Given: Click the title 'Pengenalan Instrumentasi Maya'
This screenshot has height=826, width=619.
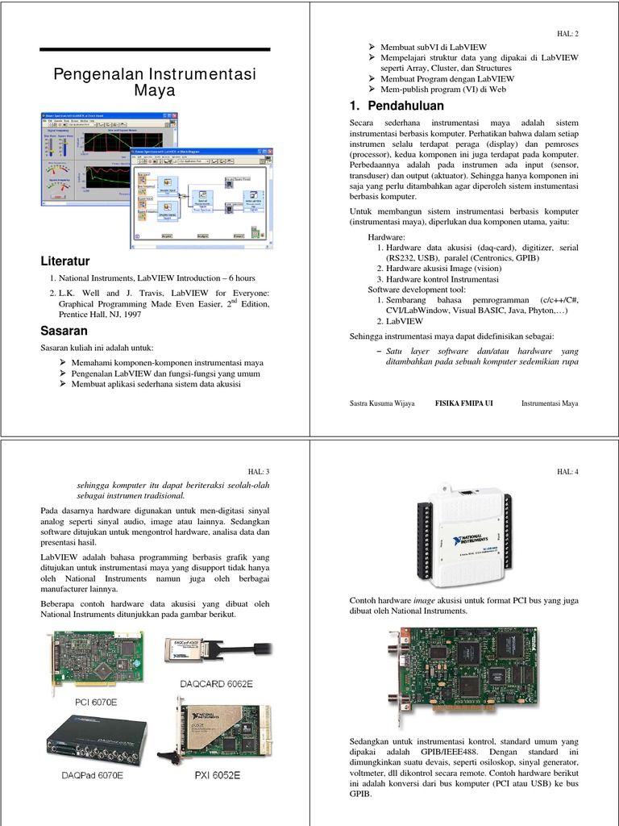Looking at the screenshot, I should (154, 82).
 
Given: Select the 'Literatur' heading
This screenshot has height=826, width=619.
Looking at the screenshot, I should (65, 261).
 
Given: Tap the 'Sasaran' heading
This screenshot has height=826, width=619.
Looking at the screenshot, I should (64, 331).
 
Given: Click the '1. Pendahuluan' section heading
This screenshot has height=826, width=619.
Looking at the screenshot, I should (397, 106).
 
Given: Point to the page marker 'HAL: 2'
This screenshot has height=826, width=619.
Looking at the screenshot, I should (567, 34).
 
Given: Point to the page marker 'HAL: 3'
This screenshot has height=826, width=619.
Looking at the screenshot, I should (258, 471).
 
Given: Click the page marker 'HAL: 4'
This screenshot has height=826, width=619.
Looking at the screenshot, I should (567, 471).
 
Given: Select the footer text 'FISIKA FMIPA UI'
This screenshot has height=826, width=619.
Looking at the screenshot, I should (463, 403).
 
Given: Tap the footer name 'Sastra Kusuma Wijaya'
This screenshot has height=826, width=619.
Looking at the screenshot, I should (382, 403).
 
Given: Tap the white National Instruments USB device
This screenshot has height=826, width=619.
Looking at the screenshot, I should (463, 535).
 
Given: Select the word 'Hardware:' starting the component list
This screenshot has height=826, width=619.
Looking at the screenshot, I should (387, 238).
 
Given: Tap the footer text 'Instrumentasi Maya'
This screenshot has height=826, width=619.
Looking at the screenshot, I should (550, 403).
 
